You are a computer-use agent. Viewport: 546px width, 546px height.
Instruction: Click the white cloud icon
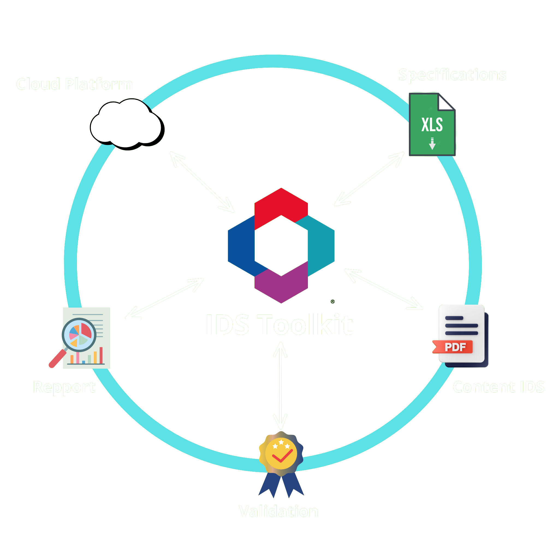point(126,124)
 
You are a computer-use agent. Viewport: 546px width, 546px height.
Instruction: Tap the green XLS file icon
point(432,124)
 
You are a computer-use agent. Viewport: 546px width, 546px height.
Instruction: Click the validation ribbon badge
point(281,464)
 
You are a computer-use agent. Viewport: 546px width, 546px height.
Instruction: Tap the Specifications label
point(452,75)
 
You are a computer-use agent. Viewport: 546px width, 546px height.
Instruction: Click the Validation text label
point(278,511)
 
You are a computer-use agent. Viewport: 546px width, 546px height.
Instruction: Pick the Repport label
point(64,387)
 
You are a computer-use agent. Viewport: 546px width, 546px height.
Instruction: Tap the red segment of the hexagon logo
point(281,205)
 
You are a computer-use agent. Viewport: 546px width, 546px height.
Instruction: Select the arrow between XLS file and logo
point(369,179)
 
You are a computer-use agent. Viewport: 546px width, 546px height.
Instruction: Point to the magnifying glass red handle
point(57,359)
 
